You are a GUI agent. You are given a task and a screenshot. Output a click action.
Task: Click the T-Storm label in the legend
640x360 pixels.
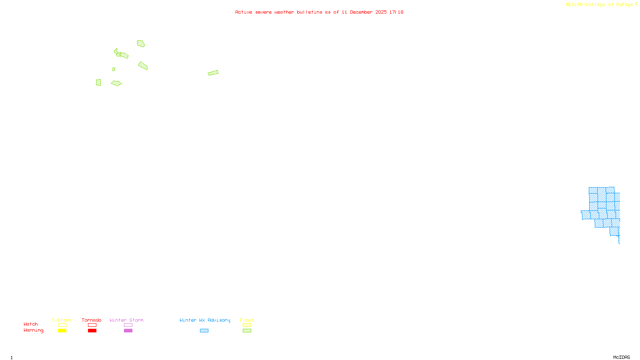(x=62, y=320)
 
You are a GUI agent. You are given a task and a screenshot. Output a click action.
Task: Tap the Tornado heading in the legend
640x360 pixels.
(x=92, y=320)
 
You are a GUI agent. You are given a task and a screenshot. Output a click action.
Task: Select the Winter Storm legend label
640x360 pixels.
(x=126, y=320)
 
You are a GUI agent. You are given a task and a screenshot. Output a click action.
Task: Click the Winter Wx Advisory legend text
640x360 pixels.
(x=205, y=320)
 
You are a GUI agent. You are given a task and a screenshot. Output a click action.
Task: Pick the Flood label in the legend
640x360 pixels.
(x=247, y=320)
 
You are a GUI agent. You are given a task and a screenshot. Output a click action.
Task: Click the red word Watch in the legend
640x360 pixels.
(x=31, y=324)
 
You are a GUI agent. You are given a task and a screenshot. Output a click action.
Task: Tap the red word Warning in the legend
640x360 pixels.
(x=34, y=330)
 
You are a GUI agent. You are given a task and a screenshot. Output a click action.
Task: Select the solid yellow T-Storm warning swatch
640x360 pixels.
(x=62, y=331)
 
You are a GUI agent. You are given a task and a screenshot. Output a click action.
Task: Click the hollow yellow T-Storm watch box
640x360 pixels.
(x=62, y=325)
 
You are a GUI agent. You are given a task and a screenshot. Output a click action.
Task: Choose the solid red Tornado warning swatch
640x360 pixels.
(x=92, y=331)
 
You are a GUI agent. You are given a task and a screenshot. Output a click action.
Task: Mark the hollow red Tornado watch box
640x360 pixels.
(x=92, y=325)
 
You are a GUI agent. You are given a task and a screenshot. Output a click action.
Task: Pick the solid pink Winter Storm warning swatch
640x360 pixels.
(x=128, y=331)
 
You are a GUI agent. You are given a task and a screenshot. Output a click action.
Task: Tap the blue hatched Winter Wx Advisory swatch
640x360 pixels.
(x=204, y=331)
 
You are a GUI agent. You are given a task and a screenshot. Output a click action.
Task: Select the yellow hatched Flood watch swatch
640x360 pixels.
(x=247, y=325)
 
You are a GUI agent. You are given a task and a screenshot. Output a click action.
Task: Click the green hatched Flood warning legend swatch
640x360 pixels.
(x=247, y=331)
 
